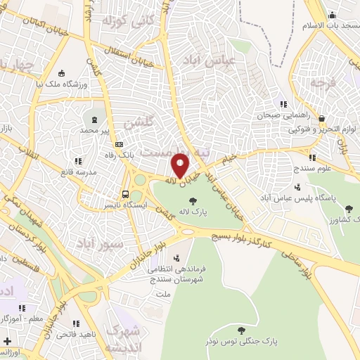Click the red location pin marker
click(x=180, y=165)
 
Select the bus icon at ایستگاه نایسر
click(x=125, y=194)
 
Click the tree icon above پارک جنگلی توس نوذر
click(x=242, y=330)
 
